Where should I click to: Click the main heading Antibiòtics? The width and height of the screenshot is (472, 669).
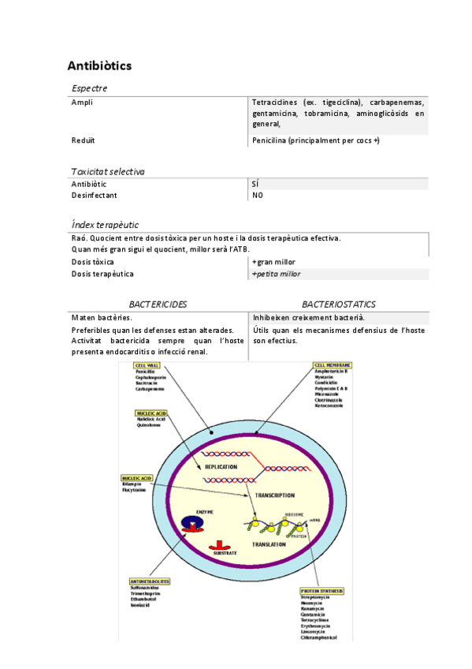(99, 65)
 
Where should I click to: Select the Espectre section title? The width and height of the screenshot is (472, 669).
(89, 88)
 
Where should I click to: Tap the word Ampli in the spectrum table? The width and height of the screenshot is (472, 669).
(82, 103)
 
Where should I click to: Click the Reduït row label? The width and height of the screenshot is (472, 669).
(83, 140)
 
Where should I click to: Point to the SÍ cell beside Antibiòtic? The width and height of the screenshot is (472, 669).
(255, 184)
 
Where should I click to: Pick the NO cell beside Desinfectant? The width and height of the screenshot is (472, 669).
(258, 196)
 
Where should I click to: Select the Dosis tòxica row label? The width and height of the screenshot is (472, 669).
(92, 262)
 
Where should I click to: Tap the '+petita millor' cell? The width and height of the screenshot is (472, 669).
(276, 274)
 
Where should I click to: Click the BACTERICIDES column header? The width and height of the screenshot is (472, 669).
(158, 304)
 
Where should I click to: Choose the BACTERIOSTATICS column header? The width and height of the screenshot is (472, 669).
(338, 304)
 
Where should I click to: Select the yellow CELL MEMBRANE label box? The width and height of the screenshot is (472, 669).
(332, 365)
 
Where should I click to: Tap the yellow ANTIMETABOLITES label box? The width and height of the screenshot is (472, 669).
(150, 581)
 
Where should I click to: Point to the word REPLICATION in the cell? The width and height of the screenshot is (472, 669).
(221, 467)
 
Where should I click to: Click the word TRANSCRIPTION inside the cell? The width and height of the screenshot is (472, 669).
(274, 495)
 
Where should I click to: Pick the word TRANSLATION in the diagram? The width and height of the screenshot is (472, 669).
(268, 544)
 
